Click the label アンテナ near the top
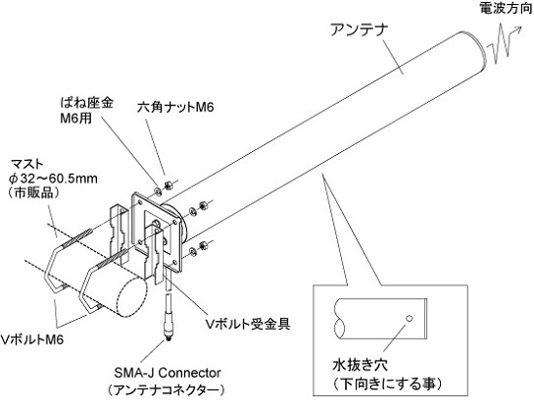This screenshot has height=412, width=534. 360,29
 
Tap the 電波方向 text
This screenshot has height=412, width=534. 506,8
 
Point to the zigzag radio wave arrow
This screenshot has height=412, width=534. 504,44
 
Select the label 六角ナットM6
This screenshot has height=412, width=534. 175,107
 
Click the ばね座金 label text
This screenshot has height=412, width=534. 86,102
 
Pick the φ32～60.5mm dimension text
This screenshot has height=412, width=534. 53,178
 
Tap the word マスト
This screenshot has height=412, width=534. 27,164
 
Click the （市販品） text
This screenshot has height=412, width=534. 33,193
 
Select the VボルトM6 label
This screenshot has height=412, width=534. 32,339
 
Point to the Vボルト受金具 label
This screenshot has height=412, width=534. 248,324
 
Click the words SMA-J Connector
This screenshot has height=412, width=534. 168,373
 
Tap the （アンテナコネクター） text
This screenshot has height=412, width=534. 166,389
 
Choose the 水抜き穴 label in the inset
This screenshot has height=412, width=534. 360,366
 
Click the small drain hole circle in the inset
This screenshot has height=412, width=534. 410,319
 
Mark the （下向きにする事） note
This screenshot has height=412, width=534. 387,384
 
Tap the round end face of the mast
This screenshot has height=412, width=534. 130,296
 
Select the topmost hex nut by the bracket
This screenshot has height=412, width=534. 168,185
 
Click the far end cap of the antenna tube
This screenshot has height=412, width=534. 475,51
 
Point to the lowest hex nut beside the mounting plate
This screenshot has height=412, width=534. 204,244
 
